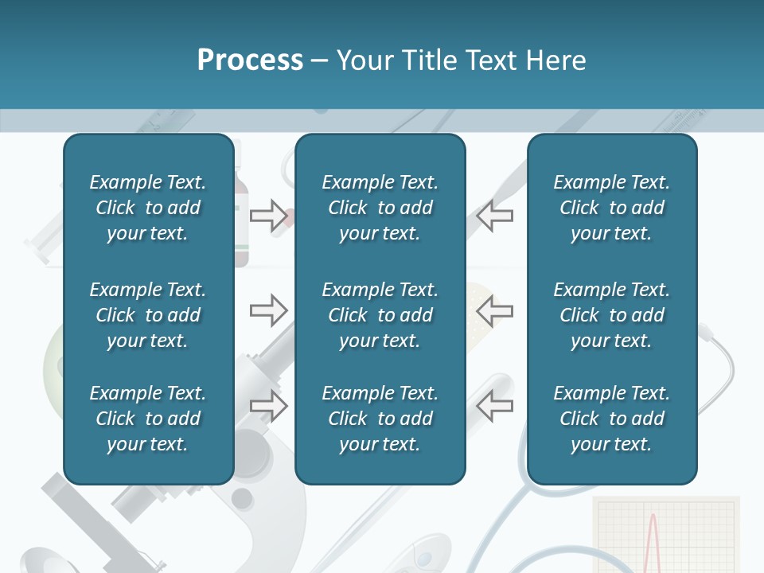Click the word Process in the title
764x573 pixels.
250,60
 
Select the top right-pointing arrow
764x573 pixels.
269,216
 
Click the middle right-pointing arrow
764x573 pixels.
269,310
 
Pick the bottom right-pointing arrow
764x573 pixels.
269,406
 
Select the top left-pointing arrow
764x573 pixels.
495,216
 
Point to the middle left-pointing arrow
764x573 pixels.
495,310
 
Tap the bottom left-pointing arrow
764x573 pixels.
495,406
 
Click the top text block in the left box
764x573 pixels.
148,208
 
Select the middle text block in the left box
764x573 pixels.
148,315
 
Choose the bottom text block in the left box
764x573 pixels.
148,419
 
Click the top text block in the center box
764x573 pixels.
380,208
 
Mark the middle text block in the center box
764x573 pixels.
380,315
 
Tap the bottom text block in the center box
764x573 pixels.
380,419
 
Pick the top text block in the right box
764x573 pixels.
611,208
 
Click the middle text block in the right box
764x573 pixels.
611,315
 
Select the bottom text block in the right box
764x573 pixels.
611,419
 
